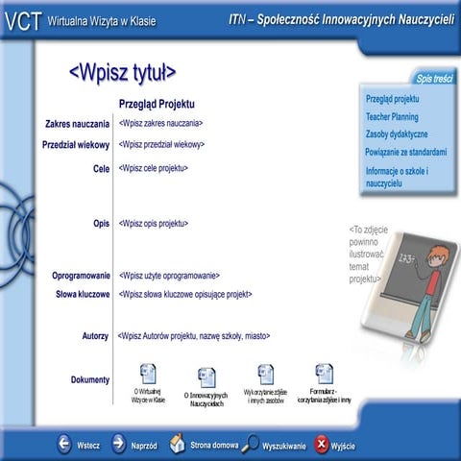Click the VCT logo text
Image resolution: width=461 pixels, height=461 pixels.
(x=20, y=21)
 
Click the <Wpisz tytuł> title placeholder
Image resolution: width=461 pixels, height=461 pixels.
(x=122, y=73)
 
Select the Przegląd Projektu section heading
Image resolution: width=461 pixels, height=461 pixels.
(x=157, y=103)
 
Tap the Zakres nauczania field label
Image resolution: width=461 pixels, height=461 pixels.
(x=77, y=124)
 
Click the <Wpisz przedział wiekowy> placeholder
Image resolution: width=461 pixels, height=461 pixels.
(x=161, y=145)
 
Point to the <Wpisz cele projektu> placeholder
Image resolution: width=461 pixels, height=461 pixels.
(x=153, y=168)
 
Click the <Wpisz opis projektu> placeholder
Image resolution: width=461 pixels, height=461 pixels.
(x=153, y=223)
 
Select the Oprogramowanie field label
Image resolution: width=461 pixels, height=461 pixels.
(x=81, y=276)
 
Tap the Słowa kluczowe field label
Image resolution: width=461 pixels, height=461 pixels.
(x=83, y=294)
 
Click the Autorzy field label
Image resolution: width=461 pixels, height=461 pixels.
(x=95, y=336)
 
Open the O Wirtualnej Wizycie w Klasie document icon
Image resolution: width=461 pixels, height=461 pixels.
(x=148, y=374)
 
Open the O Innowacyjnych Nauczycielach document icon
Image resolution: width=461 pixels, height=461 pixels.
(x=206, y=377)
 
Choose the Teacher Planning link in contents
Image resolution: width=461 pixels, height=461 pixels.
(x=391, y=116)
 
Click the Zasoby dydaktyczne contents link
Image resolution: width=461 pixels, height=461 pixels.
(x=397, y=134)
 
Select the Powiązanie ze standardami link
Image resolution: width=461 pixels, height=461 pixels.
(x=405, y=152)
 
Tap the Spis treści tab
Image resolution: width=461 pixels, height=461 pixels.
(x=434, y=78)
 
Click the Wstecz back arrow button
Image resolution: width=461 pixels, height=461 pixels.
(x=64, y=444)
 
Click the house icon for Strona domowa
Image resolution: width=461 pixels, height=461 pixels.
(x=178, y=444)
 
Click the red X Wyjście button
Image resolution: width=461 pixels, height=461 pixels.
(x=322, y=444)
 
